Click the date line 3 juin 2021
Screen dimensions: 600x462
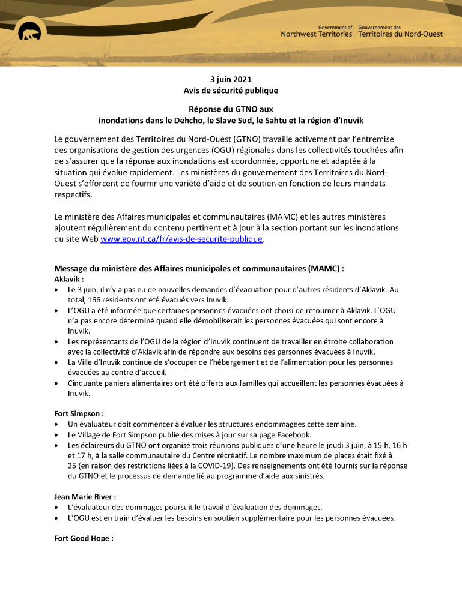tap(231, 79)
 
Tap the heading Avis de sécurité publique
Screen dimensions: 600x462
tap(231, 90)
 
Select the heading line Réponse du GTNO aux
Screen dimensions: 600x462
tap(231, 109)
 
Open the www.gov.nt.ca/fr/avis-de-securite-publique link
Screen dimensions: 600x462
tap(181, 239)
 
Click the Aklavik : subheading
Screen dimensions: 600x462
tap(69, 278)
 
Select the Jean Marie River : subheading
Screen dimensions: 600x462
tap(85, 496)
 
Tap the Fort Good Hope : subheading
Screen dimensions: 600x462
tap(84, 538)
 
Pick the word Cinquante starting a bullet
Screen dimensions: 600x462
tap(87, 383)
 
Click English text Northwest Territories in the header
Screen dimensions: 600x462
tap(316, 34)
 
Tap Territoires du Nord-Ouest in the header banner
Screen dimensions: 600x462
tap(400, 34)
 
